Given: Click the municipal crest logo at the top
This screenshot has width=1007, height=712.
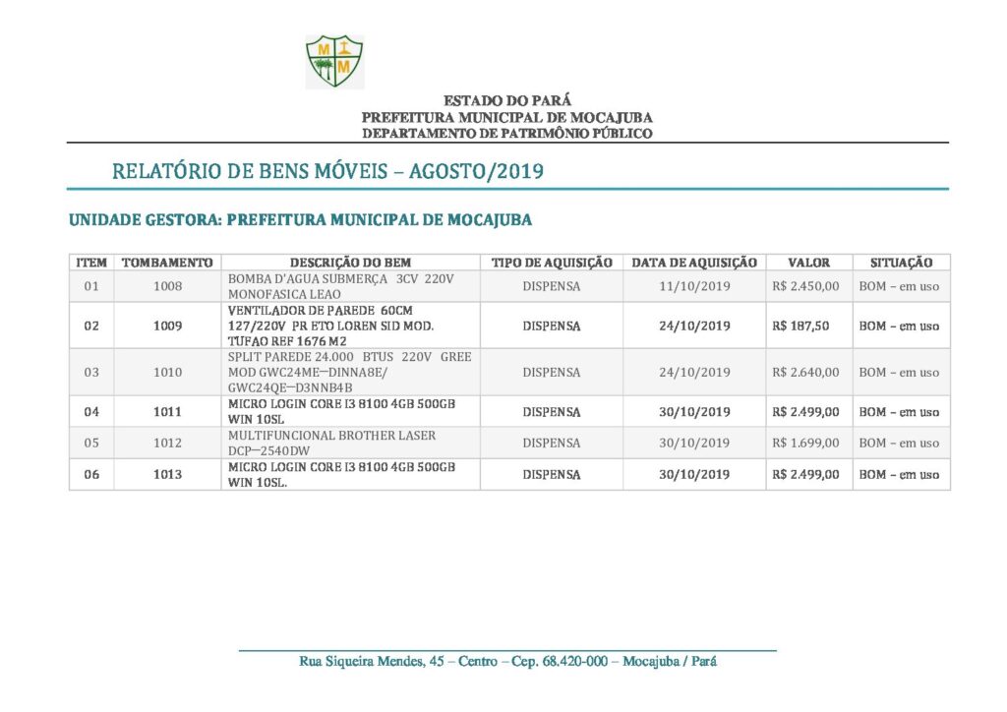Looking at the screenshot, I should coord(334,61).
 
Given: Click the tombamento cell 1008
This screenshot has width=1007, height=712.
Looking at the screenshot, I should coord(168,287).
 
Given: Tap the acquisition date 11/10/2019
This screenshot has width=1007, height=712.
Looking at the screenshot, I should coord(694,287).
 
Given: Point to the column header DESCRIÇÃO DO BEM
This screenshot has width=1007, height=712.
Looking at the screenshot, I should coord(350,263).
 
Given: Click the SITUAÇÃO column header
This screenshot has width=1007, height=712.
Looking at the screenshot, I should coord(901,263).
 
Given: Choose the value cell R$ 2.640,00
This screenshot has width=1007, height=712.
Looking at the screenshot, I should coord(806,373).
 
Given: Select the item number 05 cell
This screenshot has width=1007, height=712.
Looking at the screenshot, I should coord(91,443).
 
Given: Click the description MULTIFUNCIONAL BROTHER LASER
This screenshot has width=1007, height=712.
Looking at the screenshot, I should coord(331,436).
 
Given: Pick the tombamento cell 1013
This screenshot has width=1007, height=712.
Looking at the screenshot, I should coord(168,474).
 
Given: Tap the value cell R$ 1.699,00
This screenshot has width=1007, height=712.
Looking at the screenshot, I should coord(806,443).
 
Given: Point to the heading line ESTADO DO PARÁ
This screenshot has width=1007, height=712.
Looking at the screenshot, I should coord(506,100).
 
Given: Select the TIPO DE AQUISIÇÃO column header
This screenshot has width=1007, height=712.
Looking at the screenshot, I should coord(552,263).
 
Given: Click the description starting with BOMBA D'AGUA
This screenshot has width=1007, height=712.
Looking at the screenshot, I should coord(339,279).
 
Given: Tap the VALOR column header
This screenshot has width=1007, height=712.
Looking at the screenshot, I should coord(808,263).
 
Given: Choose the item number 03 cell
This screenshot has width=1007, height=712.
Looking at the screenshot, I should coord(91,373).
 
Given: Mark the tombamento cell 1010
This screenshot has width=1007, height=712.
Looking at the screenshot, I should coord(168,373).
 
